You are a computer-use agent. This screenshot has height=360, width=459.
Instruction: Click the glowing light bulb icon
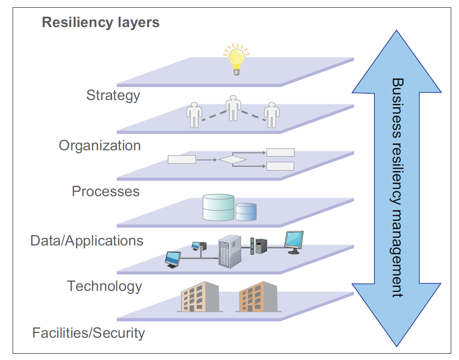pyautogui.click(x=236, y=59)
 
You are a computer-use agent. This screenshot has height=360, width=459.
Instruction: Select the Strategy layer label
pyautogui.click(x=113, y=95)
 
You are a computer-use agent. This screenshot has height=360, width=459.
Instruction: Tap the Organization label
pyautogui.click(x=100, y=145)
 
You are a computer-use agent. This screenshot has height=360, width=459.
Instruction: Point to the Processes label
pyautogui.click(x=105, y=191)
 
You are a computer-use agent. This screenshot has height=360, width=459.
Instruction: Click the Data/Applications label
pyautogui.click(x=87, y=241)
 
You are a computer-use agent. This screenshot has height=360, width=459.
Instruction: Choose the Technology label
pyautogui.click(x=104, y=286)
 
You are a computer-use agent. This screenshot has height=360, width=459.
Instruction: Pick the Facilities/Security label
pyautogui.click(x=89, y=333)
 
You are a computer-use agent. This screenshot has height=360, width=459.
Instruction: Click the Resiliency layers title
pyautogui.click(x=101, y=22)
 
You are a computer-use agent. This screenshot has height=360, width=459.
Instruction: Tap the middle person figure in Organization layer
pyautogui.click(x=234, y=108)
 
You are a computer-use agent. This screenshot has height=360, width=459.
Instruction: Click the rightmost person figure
pyautogui.click(x=272, y=115)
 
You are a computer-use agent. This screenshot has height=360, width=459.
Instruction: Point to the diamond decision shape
pyautogui.click(x=233, y=159)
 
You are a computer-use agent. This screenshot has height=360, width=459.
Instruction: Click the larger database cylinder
pyautogui.click(x=219, y=208)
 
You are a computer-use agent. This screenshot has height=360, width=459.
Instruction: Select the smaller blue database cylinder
pyautogui.click(x=246, y=212)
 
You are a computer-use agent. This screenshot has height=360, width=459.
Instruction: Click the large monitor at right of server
pyautogui.click(x=294, y=241)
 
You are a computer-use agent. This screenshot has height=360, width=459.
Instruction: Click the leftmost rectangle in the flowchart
pyautogui.click(x=181, y=159)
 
